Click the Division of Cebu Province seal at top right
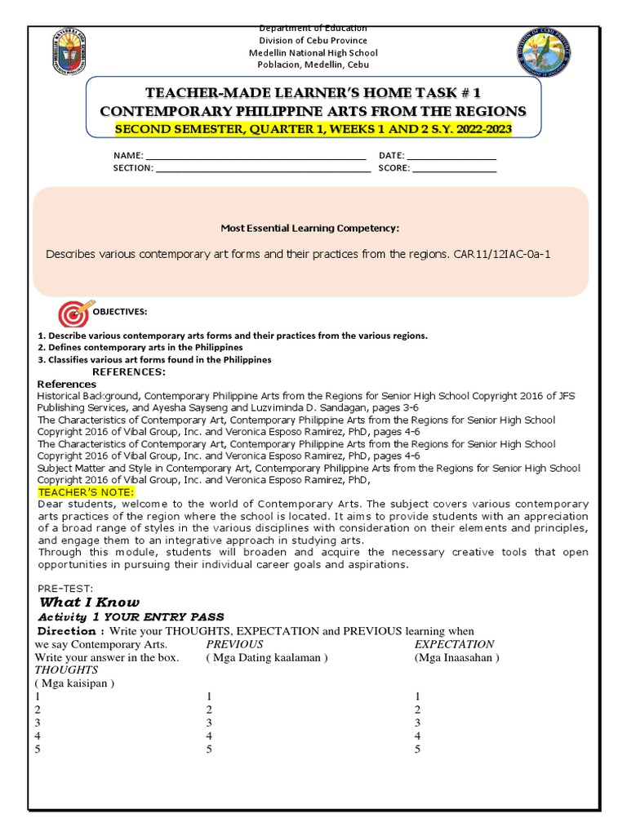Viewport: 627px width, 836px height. [x=545, y=53]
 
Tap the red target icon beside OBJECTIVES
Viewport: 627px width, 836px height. [x=73, y=313]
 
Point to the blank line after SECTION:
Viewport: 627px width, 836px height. [x=262, y=169]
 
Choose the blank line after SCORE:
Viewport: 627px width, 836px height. [x=454, y=169]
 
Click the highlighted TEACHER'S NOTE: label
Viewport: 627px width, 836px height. [x=86, y=491]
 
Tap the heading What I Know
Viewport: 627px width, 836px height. [x=95, y=602]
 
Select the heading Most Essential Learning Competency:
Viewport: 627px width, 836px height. [x=310, y=229]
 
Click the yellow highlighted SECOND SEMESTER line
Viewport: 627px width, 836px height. [x=313, y=129]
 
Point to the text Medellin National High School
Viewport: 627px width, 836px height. [x=313, y=53]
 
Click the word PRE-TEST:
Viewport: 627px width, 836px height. [x=66, y=588]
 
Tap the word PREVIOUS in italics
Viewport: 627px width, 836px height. [x=234, y=644]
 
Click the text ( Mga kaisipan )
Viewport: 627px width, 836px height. [x=74, y=683]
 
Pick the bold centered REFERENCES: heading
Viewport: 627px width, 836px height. [x=129, y=372]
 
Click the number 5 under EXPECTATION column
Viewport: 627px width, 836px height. [x=418, y=749]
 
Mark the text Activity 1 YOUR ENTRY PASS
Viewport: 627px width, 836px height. [x=131, y=616]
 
